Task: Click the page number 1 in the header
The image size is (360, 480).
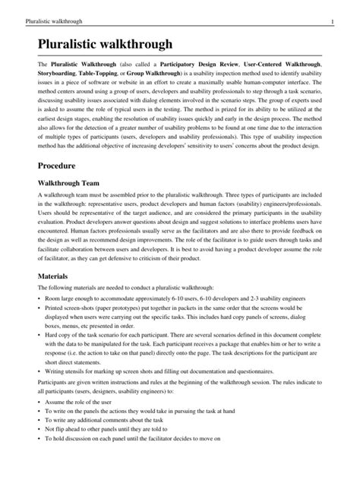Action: click(x=343, y=9)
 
